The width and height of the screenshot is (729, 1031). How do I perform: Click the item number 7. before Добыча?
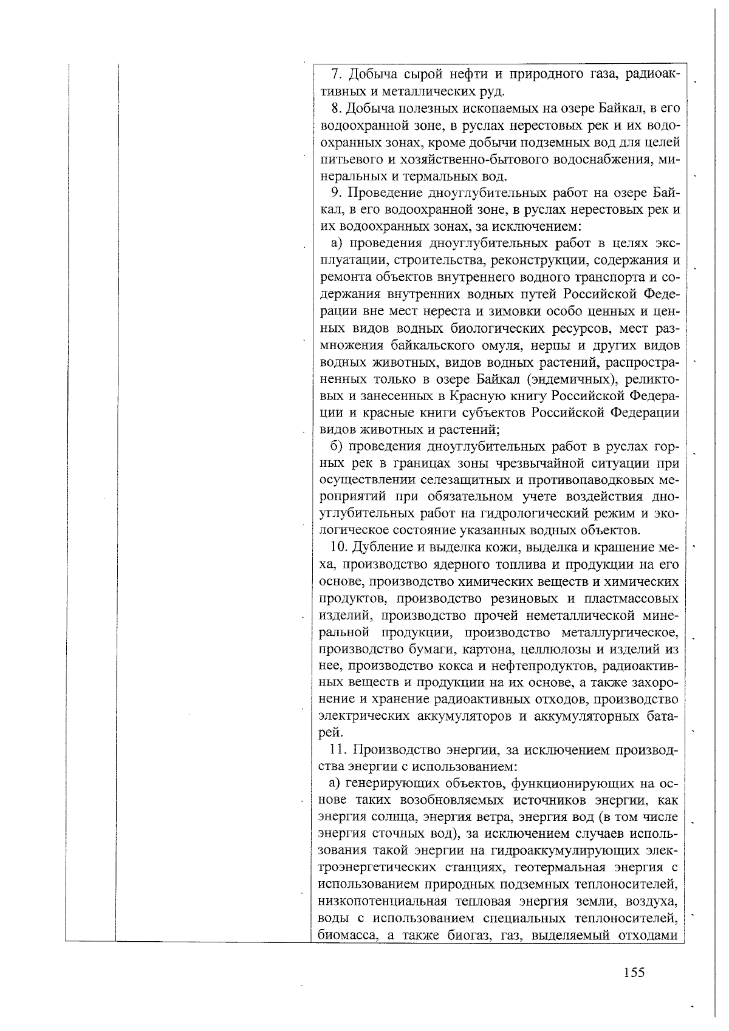(x=335, y=75)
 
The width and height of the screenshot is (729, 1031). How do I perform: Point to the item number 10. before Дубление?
(x=338, y=547)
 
